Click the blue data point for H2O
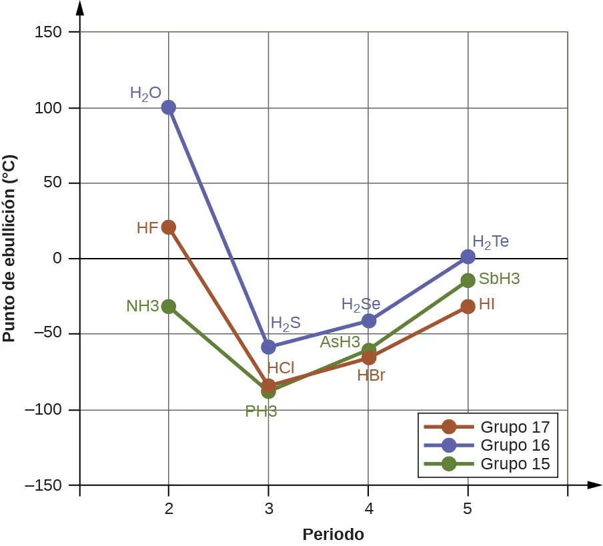169,107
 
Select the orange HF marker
169,227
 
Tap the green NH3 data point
169,307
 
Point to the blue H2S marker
268,347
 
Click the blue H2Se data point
368,321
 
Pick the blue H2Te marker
468,257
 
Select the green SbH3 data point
468,281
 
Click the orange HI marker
468,307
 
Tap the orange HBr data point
368,358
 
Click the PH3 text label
261,411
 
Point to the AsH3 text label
340,343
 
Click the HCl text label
281,367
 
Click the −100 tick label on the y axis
43,410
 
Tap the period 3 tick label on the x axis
268,509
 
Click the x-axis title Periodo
333,535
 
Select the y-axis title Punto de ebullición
9,248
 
